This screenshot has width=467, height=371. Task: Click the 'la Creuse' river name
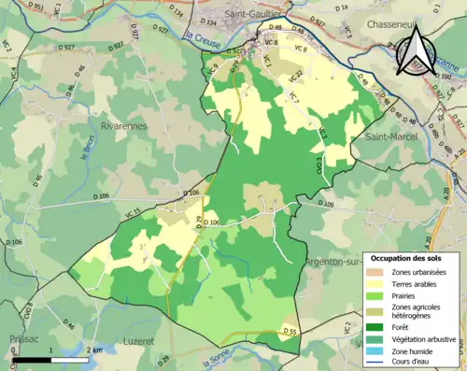(x=200, y=36)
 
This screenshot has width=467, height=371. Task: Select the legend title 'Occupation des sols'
(x=413, y=257)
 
